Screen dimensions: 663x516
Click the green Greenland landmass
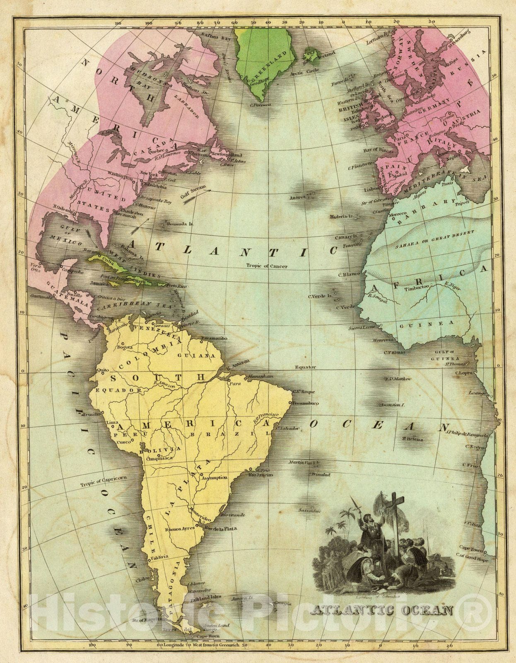[261, 58]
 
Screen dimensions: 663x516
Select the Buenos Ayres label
[179, 529]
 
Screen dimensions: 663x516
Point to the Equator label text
[305, 367]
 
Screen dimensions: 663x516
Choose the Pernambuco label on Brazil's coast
[305, 403]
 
